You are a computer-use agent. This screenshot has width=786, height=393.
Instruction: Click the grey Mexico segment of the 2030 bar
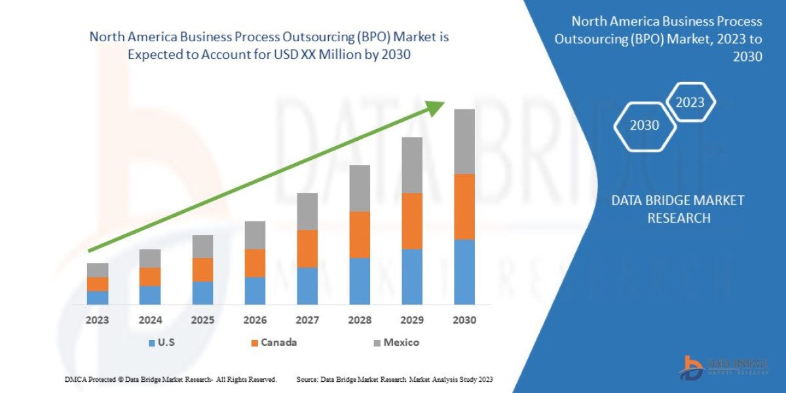pos(464,141)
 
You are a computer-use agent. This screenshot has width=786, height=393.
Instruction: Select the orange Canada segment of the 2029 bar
pos(412,221)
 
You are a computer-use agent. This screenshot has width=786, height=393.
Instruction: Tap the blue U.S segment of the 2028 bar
pos(360,281)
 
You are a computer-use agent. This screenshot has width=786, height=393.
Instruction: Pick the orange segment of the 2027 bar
pos(307,248)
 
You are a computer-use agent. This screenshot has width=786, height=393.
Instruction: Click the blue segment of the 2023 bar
pos(98,297)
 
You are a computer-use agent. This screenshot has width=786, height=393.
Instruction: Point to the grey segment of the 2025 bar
pos(202,246)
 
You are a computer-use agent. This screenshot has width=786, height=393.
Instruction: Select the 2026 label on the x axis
pos(255,320)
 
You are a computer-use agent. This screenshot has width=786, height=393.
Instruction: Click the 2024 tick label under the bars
pos(150,320)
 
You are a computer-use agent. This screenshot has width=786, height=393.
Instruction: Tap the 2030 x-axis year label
pos(464,320)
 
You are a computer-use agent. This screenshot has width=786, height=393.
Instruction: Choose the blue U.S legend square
pos(152,343)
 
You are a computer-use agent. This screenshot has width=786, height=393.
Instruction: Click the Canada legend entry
pos(278,342)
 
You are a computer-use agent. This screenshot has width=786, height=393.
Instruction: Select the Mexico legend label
pos(401,342)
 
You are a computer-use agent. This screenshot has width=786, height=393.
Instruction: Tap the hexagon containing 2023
pos(690,102)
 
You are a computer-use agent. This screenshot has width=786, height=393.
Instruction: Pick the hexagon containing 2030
pos(645,125)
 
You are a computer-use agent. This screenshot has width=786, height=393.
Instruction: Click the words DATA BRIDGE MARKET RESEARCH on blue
pos(678,209)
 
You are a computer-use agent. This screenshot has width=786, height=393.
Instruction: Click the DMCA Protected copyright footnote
pos(170,379)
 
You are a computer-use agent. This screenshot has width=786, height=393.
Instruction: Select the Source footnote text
pos(394,379)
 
